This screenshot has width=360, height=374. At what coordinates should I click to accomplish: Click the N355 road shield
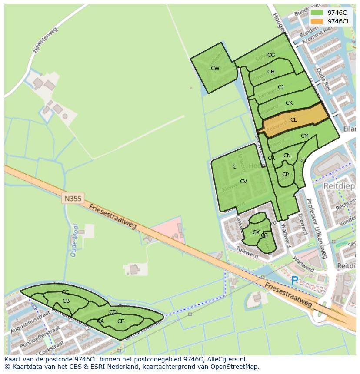click(x=73, y=199)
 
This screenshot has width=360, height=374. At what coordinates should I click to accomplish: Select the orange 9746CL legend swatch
click(x=317, y=21)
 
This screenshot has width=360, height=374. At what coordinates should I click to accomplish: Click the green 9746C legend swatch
click(x=317, y=13)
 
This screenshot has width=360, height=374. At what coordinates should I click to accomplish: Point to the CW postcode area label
click(x=215, y=68)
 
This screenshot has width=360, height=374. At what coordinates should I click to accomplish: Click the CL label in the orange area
click(x=293, y=120)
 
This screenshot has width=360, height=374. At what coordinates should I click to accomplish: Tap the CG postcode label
click(x=271, y=55)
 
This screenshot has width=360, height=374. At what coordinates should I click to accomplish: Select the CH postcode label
click(x=271, y=72)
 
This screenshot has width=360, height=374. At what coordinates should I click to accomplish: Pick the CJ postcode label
click(x=280, y=87)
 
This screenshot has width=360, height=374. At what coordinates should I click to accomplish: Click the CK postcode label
click(x=289, y=103)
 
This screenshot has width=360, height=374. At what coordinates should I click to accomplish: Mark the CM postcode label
click(x=304, y=136)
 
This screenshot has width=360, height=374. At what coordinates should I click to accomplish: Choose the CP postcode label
click(x=285, y=175)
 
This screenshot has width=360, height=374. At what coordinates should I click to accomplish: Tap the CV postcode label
click(x=243, y=182)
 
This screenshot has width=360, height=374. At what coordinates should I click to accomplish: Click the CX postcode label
click(x=256, y=232)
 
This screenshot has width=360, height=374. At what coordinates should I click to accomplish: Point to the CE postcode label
click(x=120, y=321)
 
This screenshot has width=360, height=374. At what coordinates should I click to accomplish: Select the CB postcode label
click(x=66, y=301)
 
